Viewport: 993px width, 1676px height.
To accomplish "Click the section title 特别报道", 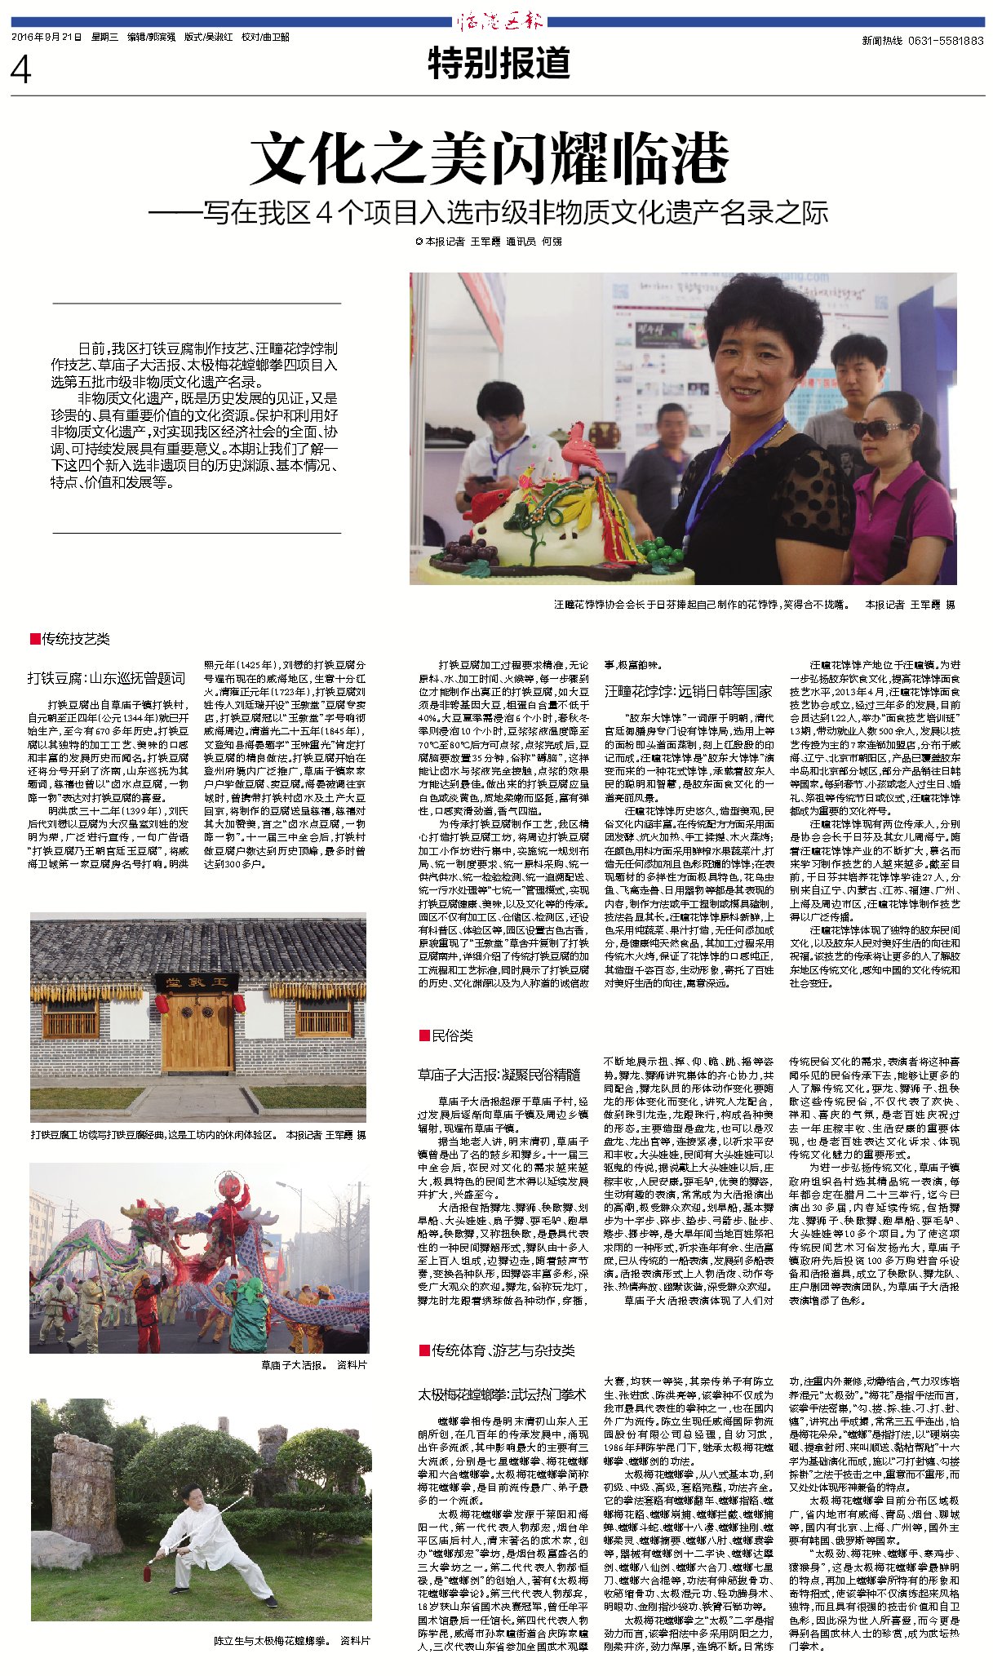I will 499,64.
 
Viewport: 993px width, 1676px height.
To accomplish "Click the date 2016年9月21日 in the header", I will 47,38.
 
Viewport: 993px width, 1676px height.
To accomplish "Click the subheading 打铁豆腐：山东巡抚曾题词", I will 106,678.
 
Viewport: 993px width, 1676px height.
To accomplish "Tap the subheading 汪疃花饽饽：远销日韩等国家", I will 688,691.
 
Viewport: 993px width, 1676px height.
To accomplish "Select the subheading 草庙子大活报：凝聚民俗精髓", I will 499,1075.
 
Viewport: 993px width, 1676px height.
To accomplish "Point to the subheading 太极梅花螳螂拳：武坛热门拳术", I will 502,1394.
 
